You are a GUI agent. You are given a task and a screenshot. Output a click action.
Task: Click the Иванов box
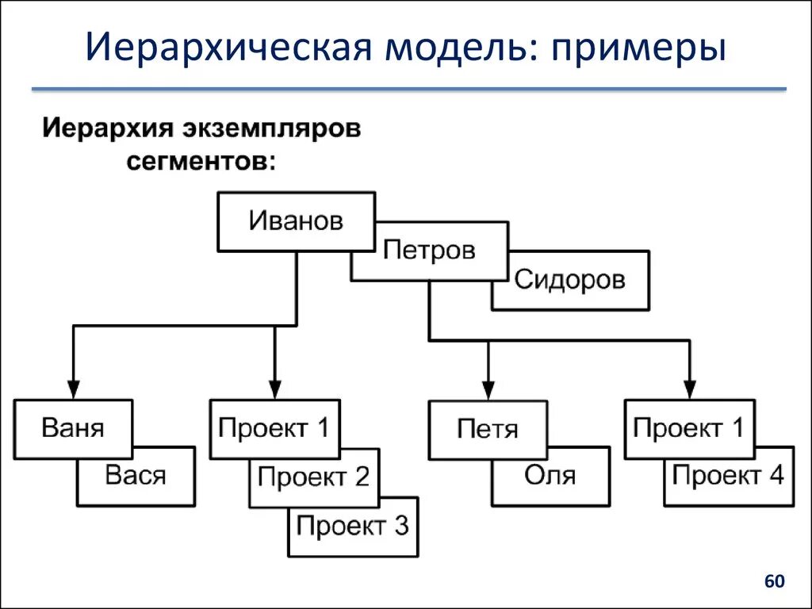[x=296, y=221]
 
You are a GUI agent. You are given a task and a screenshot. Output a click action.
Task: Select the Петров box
[x=429, y=251]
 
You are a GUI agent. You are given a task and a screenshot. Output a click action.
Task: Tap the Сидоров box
[x=569, y=280]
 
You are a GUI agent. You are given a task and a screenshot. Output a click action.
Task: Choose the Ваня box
[x=72, y=429]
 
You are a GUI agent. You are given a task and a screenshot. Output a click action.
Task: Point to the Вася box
[x=136, y=477]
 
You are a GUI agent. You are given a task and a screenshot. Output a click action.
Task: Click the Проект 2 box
[x=313, y=477]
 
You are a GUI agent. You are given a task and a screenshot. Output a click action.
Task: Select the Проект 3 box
[x=353, y=526]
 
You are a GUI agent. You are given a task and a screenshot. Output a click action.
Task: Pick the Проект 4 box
[x=728, y=477]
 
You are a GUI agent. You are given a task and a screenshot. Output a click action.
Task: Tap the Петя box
[x=488, y=430]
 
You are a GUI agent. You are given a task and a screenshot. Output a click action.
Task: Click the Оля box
[x=550, y=476]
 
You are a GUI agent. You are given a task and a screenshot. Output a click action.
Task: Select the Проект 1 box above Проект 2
[x=274, y=429]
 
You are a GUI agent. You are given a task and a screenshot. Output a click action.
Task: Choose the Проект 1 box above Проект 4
[x=689, y=429]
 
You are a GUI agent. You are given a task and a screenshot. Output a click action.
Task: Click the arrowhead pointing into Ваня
[x=72, y=389]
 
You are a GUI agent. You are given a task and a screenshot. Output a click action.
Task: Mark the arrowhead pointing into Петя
[x=488, y=389]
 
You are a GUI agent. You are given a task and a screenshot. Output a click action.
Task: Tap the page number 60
[x=774, y=582]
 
